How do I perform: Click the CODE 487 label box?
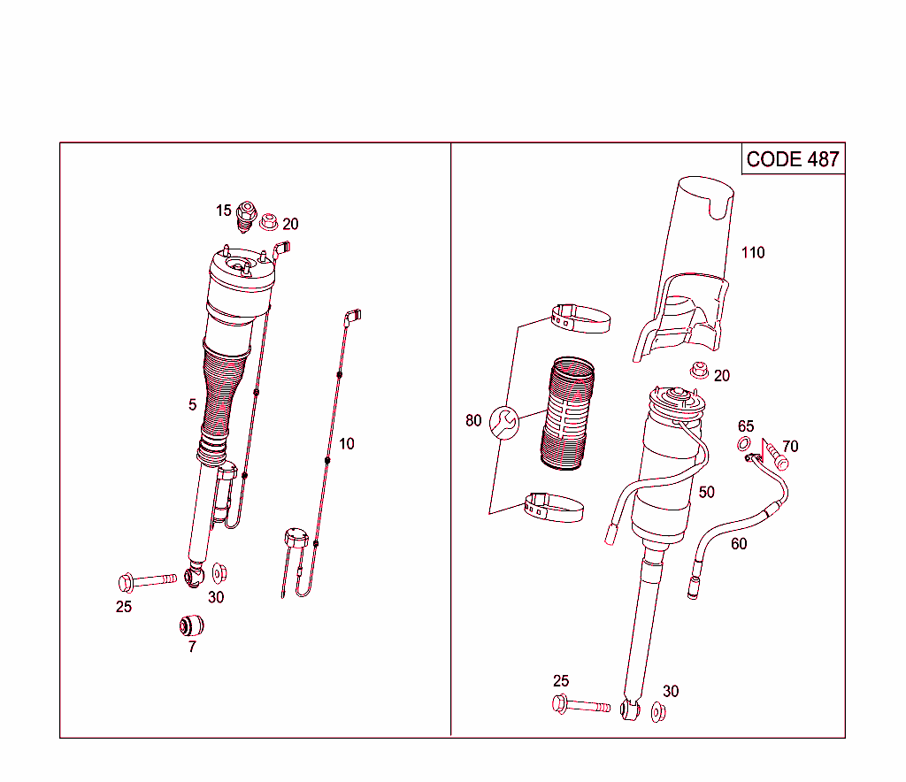(x=793, y=159)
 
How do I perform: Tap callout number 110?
(x=753, y=253)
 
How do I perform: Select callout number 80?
(x=473, y=420)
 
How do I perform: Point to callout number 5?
(x=192, y=405)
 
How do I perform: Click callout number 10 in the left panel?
(x=347, y=443)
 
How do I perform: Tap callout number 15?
(x=224, y=211)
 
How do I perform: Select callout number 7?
(x=192, y=647)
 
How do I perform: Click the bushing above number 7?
(x=191, y=625)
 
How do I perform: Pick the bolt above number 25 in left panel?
(x=146, y=581)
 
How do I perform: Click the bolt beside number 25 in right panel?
(x=580, y=706)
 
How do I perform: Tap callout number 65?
(x=746, y=427)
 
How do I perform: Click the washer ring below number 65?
(x=745, y=443)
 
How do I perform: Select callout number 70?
(x=790, y=447)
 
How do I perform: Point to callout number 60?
(x=739, y=544)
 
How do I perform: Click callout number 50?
(x=706, y=492)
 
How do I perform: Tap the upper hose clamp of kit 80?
(x=580, y=318)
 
